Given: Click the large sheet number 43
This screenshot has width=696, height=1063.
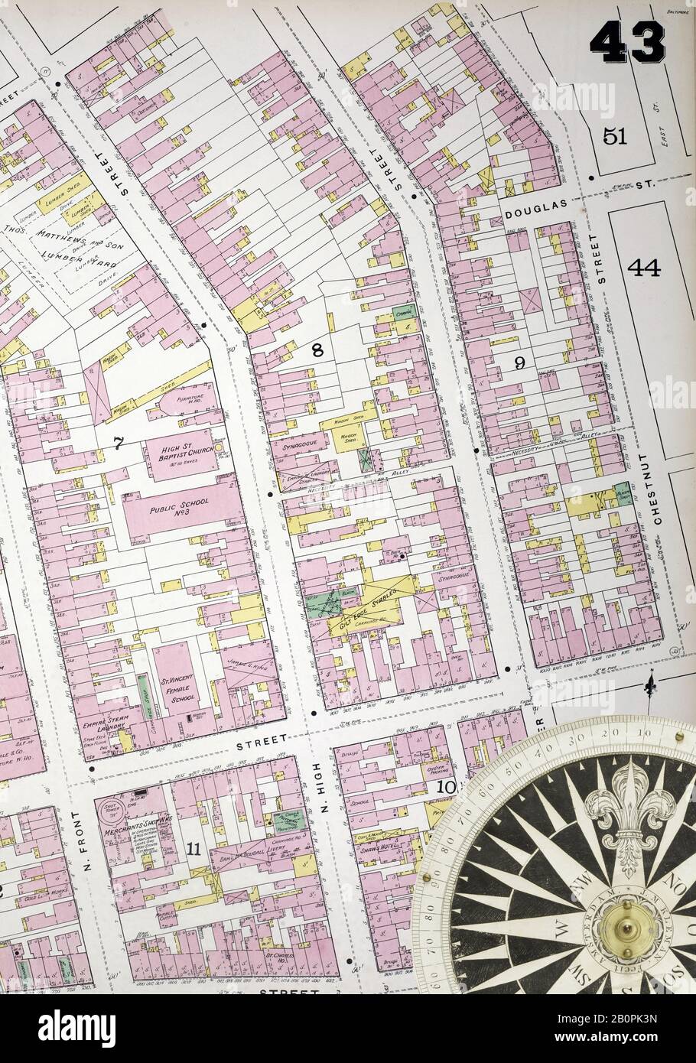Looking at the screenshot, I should [626, 42].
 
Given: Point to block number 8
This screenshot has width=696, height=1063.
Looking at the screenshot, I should [317, 351].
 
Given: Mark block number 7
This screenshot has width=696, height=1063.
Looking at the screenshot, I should [118, 443].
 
